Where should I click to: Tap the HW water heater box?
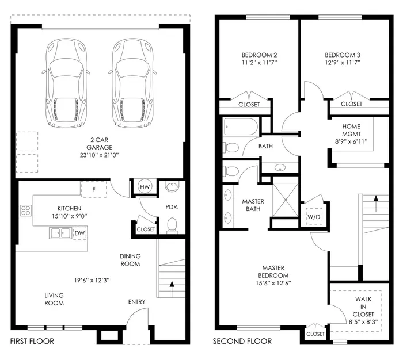click(144, 186)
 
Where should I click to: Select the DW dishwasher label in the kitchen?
click(79, 233)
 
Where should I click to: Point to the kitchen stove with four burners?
click(26, 210)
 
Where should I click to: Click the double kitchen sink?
click(60, 233)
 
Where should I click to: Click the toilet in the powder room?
click(171, 225)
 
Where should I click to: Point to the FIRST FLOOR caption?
click(32, 342)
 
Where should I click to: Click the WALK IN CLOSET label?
click(364, 307)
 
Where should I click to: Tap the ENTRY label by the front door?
click(136, 302)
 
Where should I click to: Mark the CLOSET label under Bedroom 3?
click(351, 104)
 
